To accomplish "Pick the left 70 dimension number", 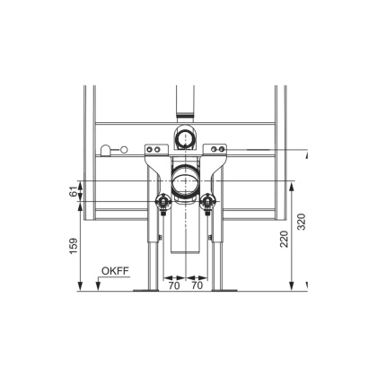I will pyautogui.click(x=172, y=288).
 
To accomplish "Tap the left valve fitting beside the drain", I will pyautogui.click(x=163, y=202).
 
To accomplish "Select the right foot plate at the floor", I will pyautogui.click(x=224, y=289).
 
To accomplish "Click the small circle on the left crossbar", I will pyautogui.click(x=109, y=150).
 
